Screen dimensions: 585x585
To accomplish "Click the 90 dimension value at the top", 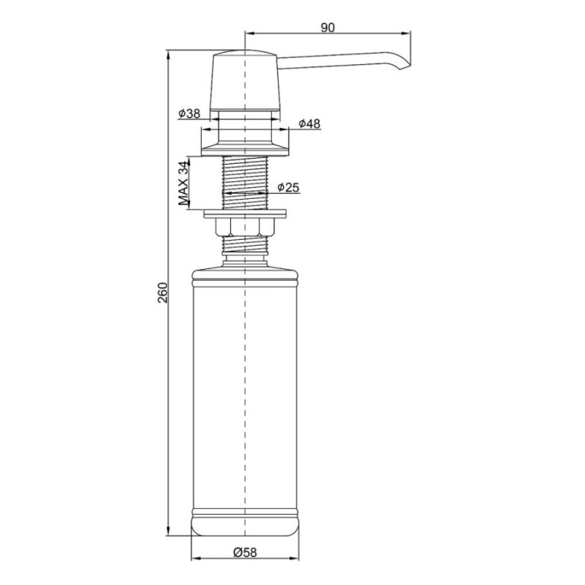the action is pos(328,28).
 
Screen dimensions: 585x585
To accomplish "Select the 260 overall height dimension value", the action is pos(163,293).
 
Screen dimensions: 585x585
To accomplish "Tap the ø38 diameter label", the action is pos(189,113).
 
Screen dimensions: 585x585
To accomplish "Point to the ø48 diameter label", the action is pos(309,124).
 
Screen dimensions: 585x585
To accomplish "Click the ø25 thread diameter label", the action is pos(288,187).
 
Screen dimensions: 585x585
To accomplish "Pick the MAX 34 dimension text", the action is pos(184,183).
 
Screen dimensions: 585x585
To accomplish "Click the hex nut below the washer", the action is pos(245,227).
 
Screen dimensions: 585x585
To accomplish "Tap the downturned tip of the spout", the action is pos(405,65).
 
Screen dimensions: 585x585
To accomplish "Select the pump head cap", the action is pos(245,80).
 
